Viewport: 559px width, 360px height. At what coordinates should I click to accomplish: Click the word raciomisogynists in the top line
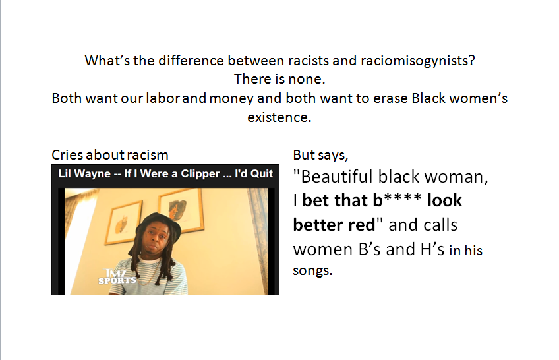coord(418,61)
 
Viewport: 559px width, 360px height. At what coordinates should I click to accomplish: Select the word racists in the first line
coord(309,61)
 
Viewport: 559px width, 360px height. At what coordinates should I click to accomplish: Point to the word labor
coord(163,98)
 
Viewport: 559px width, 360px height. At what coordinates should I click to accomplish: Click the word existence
coord(279,117)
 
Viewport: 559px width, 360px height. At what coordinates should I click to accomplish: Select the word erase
coord(390,98)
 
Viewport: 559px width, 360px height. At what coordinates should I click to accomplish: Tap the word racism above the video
coord(147,155)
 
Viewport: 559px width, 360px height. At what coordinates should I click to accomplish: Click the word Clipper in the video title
coord(200,173)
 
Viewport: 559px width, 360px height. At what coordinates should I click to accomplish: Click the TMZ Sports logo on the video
coord(117,277)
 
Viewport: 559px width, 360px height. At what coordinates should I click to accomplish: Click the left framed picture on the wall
coord(123,222)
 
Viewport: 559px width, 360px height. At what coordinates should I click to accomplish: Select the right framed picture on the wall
coord(181,210)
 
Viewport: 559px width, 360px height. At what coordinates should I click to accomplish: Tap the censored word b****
coord(397,200)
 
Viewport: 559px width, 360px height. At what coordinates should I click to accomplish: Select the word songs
coord(312,271)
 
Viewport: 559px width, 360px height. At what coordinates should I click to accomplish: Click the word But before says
coord(304,155)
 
